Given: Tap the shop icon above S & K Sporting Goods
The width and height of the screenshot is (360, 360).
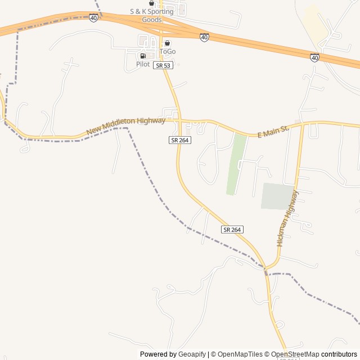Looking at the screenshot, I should pos(151,3).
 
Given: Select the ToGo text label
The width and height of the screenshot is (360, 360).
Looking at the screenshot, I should pos(168,51).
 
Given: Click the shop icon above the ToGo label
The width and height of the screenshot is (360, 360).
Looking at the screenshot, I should pos(167,43).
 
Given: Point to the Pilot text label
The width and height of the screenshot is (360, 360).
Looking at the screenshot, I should pos(143,64).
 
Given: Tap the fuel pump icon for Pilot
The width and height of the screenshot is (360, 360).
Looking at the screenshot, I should pos(143,56).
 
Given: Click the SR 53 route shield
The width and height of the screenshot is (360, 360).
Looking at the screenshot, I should pos(163,65).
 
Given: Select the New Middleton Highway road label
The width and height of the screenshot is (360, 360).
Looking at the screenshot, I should pos(126,126).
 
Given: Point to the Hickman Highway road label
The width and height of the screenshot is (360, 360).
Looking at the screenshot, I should pos(287,218).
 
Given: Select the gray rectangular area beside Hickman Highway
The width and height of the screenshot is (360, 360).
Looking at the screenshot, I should pos(278,196).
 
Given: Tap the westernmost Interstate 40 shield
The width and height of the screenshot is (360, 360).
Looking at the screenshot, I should pos(93,18).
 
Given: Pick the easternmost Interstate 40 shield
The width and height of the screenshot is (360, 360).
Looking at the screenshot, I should pos(314,57).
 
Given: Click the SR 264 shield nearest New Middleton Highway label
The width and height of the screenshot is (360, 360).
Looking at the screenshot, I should pos(180,139).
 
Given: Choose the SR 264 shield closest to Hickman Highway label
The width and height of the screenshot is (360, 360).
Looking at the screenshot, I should pos(232,229).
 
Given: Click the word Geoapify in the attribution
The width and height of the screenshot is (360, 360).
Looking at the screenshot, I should pos(192,354).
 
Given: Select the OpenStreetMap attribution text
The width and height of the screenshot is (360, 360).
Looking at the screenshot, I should pos(295,354).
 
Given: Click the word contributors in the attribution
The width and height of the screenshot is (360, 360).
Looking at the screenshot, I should pos(339,354).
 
